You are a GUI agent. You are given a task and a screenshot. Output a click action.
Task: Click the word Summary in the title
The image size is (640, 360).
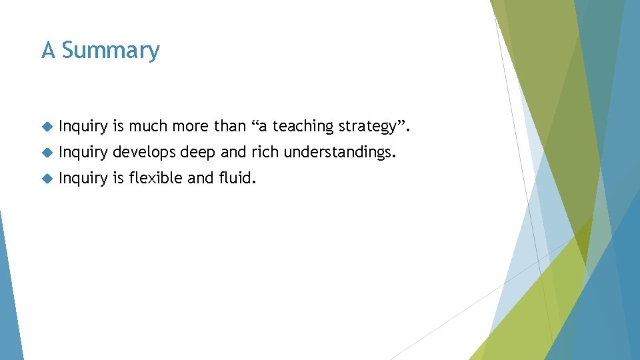tap(111, 51)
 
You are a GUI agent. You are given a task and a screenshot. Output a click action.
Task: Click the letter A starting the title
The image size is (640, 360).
tap(48, 51)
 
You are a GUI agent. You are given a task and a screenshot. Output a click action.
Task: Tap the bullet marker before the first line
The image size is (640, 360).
tap(46, 126)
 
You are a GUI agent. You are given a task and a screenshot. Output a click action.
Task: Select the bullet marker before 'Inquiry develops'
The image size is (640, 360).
tap(46, 152)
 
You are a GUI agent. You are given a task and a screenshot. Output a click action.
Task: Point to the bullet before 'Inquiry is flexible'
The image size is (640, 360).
tap(46, 178)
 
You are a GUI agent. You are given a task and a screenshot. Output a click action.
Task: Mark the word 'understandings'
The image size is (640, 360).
tap(339, 153)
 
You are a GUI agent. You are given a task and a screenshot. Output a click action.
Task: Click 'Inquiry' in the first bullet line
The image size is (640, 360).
tap(83, 127)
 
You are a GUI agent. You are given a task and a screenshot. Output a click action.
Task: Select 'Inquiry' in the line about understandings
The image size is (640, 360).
tap(83, 153)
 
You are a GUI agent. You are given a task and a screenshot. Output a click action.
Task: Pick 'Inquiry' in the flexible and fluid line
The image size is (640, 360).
tap(83, 179)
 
